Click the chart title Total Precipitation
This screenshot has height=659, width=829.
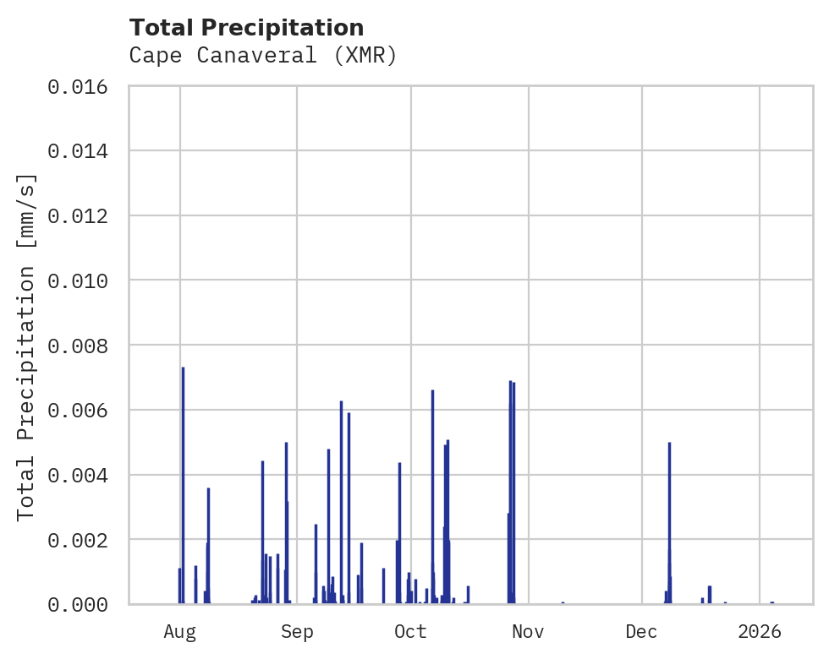[x=247, y=28]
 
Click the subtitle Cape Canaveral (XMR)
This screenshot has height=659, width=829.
[x=263, y=56]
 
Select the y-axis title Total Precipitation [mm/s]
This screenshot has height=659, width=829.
[x=27, y=346]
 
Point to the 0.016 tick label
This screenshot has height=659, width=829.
[x=83, y=86]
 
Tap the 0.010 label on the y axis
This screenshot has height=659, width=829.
[x=83, y=280]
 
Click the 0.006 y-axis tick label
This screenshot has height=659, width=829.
[x=83, y=411]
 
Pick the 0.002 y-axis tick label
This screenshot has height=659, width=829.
[x=83, y=540]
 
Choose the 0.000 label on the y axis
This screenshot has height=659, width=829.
[x=83, y=604]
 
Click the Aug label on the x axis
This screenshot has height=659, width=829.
[x=180, y=631]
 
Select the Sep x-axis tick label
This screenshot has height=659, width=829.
[x=297, y=631]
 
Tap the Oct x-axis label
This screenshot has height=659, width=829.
[x=411, y=631]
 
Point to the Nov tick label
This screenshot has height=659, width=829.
[x=528, y=631]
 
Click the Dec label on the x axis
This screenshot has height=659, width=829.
[x=642, y=631]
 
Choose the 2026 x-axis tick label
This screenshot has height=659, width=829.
[x=760, y=631]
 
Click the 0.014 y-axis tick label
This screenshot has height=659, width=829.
[x=83, y=151]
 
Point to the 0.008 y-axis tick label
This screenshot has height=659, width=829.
[x=83, y=346]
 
